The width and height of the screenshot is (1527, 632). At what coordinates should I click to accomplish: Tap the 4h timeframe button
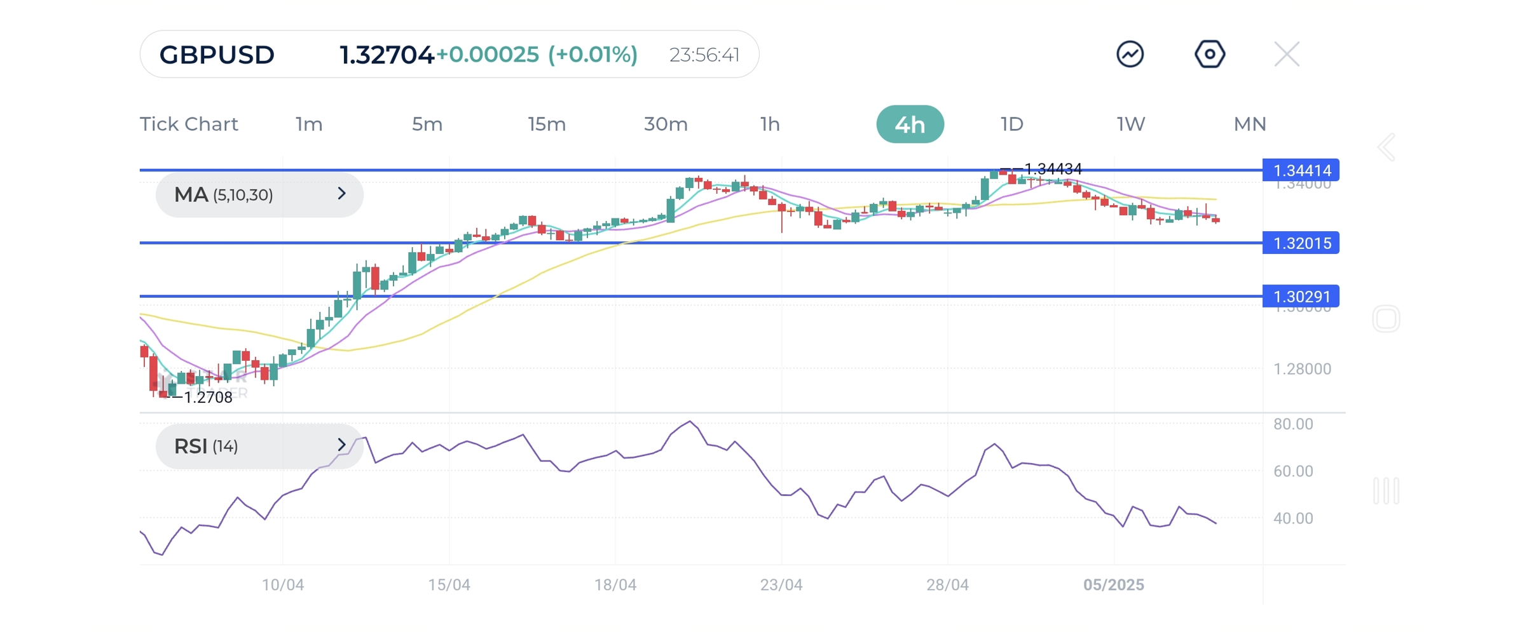click(909, 124)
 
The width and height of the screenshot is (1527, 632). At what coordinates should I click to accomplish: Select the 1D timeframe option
click(1011, 124)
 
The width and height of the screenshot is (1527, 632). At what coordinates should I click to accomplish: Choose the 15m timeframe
click(546, 124)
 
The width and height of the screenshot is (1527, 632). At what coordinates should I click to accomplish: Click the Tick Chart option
click(189, 124)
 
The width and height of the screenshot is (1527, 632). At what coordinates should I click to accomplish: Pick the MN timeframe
click(1249, 124)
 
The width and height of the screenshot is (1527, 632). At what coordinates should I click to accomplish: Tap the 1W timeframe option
click(1130, 124)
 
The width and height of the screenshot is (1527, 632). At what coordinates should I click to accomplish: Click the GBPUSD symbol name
click(217, 55)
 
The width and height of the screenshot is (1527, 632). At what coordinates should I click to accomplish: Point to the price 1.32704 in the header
click(386, 55)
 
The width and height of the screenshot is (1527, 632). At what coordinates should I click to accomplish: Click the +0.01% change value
click(592, 55)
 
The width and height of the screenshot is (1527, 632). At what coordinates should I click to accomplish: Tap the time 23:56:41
click(704, 55)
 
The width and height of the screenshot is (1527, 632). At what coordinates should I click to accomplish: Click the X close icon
click(1286, 55)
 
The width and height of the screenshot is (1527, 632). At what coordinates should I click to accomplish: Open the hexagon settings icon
click(1209, 54)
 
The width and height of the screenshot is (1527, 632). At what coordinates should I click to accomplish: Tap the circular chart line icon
click(1130, 54)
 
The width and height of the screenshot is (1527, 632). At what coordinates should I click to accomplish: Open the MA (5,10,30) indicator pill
click(259, 194)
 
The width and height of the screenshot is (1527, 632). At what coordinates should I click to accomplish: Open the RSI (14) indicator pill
click(259, 446)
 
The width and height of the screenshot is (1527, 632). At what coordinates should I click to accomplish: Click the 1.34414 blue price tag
click(1301, 170)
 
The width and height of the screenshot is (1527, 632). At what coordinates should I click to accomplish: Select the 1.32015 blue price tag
click(1301, 243)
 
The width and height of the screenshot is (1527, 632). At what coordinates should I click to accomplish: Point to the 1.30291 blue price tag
click(1301, 296)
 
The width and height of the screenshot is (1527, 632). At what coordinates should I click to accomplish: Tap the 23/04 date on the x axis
click(781, 584)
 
